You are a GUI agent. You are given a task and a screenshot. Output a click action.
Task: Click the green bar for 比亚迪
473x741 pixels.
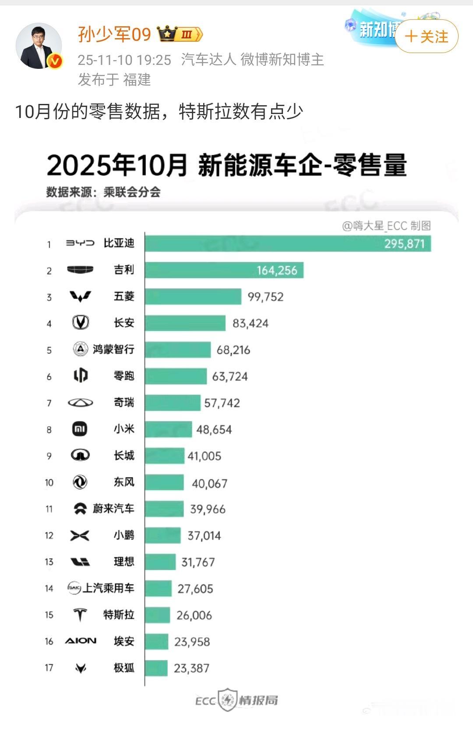point(288,243)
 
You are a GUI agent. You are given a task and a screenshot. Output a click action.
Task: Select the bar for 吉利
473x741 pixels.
point(224,270)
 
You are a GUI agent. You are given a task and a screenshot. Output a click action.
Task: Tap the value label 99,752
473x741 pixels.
point(265,297)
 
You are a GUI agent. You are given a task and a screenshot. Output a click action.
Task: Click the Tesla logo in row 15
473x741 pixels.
point(80,615)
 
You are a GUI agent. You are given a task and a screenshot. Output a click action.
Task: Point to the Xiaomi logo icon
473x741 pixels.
point(80,429)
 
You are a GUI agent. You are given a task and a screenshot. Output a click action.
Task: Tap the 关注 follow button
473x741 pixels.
point(426,36)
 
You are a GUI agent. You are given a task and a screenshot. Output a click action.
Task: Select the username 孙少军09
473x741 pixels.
point(114,34)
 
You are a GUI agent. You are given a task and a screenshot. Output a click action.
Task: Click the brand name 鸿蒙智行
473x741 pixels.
point(113,349)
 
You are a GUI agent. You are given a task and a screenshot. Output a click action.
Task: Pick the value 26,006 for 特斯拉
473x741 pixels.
point(194,615)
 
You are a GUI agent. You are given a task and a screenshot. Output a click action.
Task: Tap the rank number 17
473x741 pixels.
point(49,668)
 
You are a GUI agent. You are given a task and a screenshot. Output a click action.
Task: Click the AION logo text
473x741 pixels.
point(81,641)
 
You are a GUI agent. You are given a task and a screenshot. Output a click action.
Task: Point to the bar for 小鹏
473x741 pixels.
point(162,535)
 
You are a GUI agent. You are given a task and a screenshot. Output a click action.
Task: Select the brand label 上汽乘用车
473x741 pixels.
point(108,588)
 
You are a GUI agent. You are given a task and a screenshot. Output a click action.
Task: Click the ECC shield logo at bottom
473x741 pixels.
point(227,700)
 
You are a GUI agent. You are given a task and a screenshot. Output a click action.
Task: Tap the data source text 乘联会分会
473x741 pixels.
point(132,192)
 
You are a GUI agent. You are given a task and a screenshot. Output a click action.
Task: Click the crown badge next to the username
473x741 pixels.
point(168,34)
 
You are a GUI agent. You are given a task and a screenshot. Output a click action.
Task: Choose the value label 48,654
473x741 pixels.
point(214,430)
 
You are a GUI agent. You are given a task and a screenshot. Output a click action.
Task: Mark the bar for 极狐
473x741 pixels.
point(156,668)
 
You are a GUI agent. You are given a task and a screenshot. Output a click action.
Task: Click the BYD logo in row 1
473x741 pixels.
point(80,243)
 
